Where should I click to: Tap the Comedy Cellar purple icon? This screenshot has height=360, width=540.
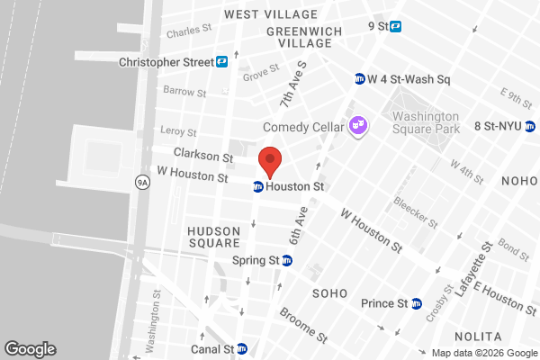tap(358, 125)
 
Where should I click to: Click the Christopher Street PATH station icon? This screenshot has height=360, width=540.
tap(221, 62)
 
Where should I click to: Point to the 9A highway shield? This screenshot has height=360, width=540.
tap(142, 183)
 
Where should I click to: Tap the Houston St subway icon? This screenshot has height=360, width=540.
tap(257, 187)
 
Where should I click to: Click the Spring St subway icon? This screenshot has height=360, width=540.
tap(287, 261)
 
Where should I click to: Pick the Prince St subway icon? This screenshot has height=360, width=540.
tap(416, 303)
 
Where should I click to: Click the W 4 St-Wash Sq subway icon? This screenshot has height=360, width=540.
tap(360, 78)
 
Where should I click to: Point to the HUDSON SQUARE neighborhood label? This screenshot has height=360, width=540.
tap(213, 237)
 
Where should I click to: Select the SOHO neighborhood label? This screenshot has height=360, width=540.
tap(328, 294)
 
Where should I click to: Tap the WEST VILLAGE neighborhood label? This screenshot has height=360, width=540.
tap(271, 14)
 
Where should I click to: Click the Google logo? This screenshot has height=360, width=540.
tap(30, 349)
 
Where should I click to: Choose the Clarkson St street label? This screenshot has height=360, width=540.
tap(203, 154)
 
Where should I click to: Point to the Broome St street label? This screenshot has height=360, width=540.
tap(302, 326)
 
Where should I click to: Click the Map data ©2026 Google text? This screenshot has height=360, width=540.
tap(482, 352)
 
